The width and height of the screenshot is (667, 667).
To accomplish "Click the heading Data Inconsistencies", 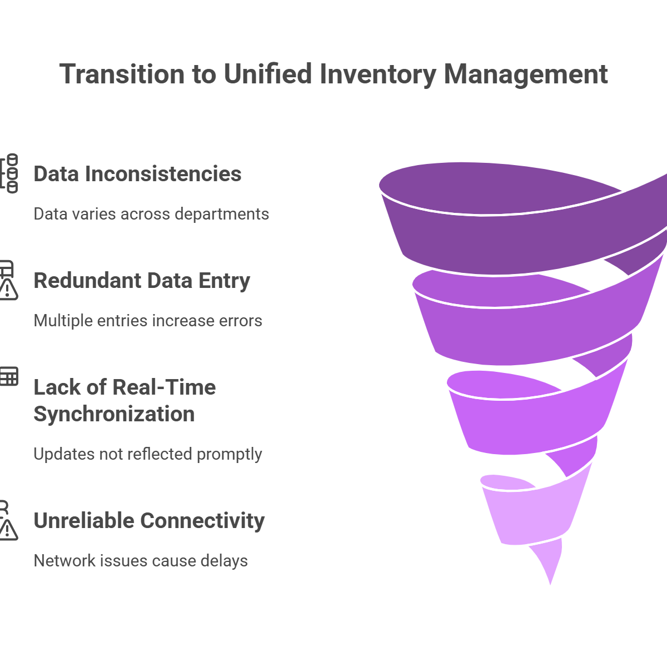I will point(137,174).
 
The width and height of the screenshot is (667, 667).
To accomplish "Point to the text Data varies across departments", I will point(151,214).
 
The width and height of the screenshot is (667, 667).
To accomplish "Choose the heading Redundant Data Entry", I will point(142,281).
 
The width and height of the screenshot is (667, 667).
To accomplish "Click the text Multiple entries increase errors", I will point(148,321).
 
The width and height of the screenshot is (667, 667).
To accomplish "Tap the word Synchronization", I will point(114,414).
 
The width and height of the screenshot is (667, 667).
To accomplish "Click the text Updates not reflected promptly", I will point(147,454).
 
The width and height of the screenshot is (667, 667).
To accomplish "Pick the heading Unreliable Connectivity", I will point(149,521).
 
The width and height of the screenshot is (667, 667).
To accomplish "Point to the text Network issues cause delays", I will point(141,560).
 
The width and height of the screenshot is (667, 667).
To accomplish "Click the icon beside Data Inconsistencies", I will point(9,174).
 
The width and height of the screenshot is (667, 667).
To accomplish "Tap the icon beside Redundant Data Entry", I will point(8,280).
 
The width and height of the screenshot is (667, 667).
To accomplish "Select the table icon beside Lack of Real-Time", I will point(8,376).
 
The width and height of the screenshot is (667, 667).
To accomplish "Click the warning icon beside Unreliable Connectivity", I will point(8,529).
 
